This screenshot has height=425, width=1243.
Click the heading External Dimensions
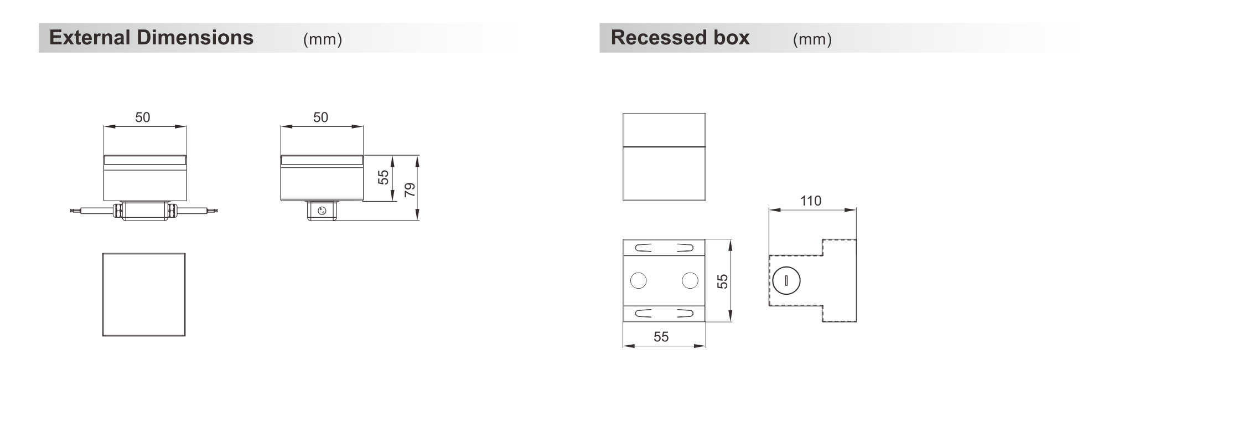tap(151, 38)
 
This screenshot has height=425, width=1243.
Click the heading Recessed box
tap(680, 38)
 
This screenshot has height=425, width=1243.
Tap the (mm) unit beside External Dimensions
tap(323, 39)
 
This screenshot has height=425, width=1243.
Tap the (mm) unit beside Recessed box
tap(812, 39)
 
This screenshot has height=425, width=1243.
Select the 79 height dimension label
tap(410, 190)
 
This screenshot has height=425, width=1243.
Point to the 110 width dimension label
tap(811, 201)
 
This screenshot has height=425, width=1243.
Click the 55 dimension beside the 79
tap(384, 177)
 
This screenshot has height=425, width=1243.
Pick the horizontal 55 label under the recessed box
tap(661, 337)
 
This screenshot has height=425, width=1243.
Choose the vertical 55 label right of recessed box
tap(722, 281)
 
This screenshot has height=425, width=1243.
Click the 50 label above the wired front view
tap(142, 117)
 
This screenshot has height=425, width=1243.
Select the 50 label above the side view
tap(320, 117)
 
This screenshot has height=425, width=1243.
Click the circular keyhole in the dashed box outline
tap(786, 280)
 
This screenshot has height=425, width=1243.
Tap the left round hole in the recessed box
tap(638, 280)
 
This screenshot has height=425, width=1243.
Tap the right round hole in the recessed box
tap(690, 280)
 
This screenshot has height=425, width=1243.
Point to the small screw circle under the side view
tap(322, 211)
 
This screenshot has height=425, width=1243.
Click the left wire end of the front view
tap(71, 211)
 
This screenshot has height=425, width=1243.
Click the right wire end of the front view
tap(216, 211)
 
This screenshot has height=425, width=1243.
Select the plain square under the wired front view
tap(144, 294)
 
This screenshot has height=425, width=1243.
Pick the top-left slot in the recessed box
tap(643, 248)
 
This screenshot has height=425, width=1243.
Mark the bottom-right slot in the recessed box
tap(685, 314)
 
